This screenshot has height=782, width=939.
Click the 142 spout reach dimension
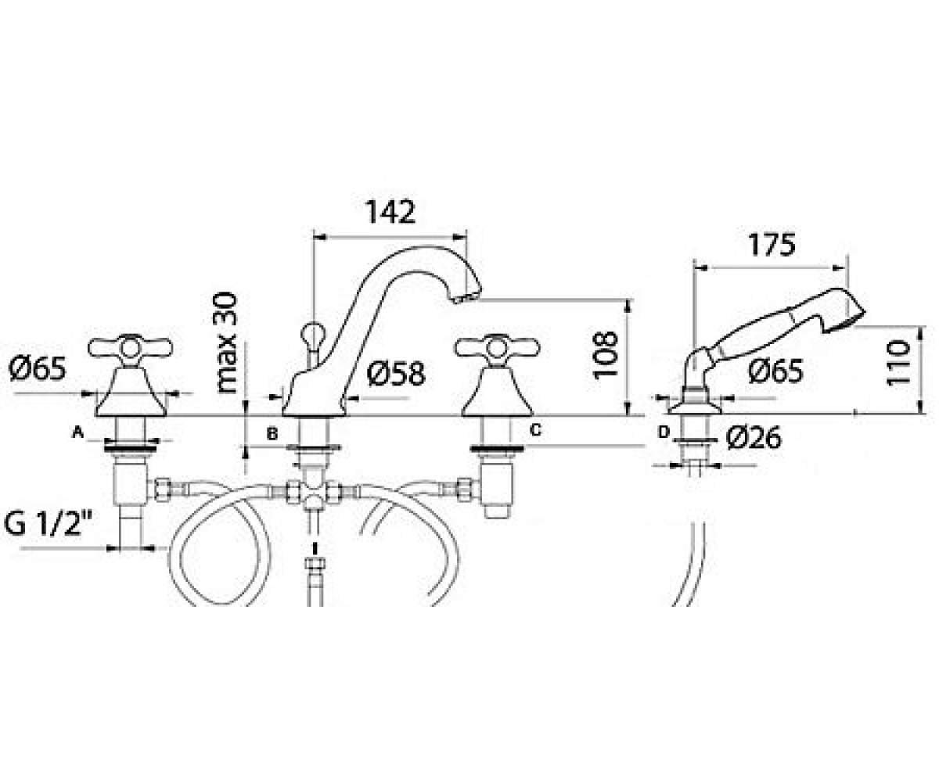(x=390, y=212)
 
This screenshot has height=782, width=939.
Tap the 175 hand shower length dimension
(x=772, y=245)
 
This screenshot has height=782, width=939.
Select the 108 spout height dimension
(x=606, y=356)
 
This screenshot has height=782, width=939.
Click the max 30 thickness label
(x=225, y=343)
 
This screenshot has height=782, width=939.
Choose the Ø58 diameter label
(x=396, y=374)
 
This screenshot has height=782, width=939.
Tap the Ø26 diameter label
(x=754, y=437)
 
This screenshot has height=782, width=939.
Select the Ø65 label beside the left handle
(x=38, y=368)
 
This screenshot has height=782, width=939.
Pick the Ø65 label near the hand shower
(x=775, y=371)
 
